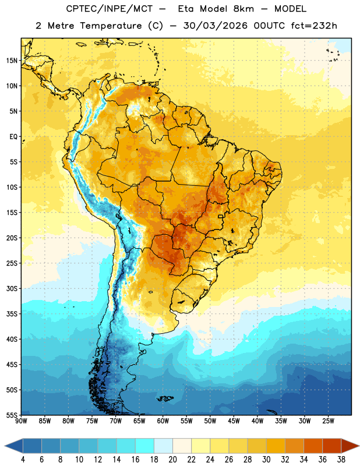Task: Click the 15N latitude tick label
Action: click(x=12, y=61)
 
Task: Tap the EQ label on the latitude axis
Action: click(x=13, y=137)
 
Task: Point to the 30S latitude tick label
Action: click(x=12, y=288)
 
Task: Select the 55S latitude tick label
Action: click(x=12, y=415)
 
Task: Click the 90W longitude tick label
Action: click(x=21, y=421)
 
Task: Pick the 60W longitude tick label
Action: click(x=163, y=421)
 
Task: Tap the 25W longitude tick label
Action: click(x=328, y=421)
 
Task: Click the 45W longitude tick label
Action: click(x=234, y=421)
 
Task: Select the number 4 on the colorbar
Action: click(x=23, y=460)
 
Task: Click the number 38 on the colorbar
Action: click(x=341, y=460)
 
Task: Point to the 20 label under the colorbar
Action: click(x=172, y=460)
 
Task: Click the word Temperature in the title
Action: click(x=111, y=26)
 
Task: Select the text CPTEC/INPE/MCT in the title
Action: click(x=110, y=9)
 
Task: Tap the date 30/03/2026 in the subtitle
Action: click(x=215, y=26)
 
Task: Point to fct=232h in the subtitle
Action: click(x=314, y=26)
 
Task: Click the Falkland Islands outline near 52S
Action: click(x=165, y=398)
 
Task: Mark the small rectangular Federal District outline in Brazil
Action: click(x=221, y=216)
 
